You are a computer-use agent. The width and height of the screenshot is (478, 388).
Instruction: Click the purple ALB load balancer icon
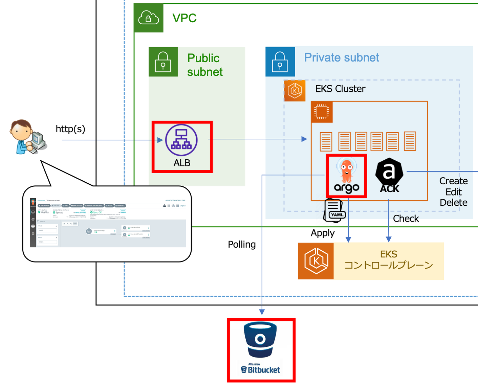coord(181,140)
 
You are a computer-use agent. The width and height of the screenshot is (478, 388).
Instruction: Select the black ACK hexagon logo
coord(389,172)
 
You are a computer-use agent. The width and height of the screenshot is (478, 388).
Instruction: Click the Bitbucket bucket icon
coord(260,340)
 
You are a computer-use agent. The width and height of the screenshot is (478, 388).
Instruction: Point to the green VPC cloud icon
coord(149,18)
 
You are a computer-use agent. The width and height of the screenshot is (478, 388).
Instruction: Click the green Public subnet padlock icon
coord(163,62)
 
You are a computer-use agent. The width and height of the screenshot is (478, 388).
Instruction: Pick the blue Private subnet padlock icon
coord(280,62)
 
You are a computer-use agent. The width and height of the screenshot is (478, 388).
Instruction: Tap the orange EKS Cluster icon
coord(295,91)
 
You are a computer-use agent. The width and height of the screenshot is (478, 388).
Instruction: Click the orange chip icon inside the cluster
coord(322,112)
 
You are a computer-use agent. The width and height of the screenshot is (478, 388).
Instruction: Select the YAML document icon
coord(334,211)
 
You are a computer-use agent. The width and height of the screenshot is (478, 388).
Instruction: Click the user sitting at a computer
coord(28,137)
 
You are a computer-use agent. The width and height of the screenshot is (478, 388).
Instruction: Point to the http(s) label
coord(70,129)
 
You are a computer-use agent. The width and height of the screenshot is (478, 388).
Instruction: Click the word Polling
coord(242,245)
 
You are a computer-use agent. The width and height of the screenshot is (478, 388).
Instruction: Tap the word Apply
coord(323,233)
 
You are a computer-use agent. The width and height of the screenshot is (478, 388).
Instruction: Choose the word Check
coord(406,219)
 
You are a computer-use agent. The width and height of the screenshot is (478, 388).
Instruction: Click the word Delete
coord(453,203)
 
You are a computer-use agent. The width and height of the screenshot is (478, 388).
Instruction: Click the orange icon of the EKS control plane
coord(316,261)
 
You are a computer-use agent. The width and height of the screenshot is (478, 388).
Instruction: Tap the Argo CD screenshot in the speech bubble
coord(108,223)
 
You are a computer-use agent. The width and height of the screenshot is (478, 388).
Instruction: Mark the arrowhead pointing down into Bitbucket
coord(262,312)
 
